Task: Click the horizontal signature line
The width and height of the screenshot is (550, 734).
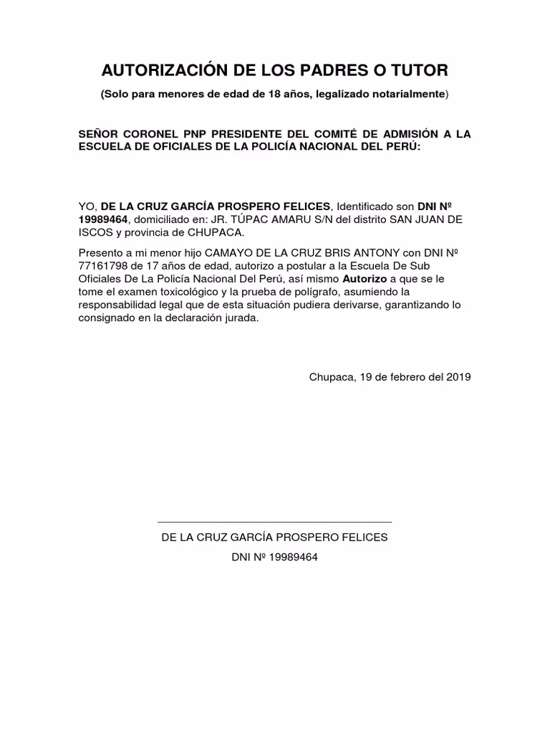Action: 274,523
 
